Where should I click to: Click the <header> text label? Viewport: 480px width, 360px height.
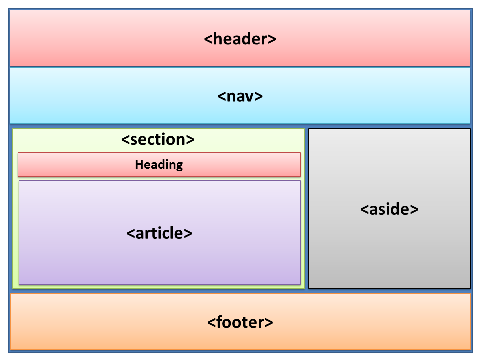(x=240, y=39)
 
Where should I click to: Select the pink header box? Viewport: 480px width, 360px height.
(x=100, y=39)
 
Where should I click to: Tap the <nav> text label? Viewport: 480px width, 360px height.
(x=240, y=96)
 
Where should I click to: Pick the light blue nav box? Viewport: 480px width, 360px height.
(x=100, y=96)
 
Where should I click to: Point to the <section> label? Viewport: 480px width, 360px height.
(x=158, y=140)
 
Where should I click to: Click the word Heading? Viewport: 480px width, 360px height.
(x=159, y=164)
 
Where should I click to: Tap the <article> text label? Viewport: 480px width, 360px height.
(x=159, y=233)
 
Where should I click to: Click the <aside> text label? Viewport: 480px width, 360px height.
(x=389, y=209)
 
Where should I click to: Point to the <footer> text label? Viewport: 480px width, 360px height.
(x=240, y=322)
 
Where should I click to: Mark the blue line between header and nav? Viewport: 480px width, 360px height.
(x=240, y=67)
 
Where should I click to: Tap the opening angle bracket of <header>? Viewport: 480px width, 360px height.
(x=207, y=39)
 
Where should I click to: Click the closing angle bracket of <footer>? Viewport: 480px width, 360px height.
(x=270, y=322)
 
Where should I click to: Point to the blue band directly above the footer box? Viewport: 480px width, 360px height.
(x=240, y=291)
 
